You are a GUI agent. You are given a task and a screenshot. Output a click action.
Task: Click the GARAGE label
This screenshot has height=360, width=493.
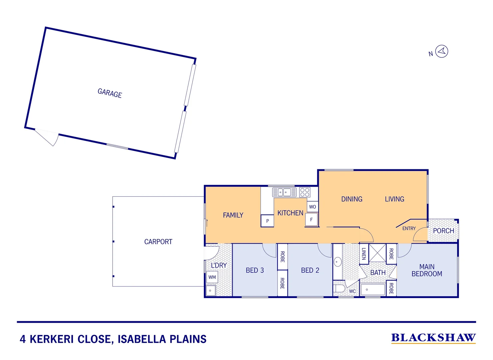110,93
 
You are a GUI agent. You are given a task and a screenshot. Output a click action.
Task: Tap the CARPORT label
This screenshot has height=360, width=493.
158,242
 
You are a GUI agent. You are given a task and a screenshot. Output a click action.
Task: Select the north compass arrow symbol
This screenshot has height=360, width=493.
442,51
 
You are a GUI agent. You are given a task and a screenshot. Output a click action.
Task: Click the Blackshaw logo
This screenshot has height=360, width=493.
433,338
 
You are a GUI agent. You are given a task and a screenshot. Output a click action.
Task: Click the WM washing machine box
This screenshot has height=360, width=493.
212,277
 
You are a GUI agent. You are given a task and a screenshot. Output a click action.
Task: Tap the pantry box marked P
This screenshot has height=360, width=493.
267,221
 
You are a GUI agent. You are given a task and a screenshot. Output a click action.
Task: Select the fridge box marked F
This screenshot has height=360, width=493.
311,220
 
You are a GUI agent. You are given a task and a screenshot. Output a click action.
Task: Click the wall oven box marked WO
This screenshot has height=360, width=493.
312,207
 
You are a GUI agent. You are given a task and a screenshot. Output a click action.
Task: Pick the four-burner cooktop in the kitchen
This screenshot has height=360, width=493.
305,192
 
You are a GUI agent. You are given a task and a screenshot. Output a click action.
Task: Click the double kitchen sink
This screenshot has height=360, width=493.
284,192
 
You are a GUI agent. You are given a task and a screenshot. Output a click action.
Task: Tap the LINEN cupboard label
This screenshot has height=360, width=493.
364,254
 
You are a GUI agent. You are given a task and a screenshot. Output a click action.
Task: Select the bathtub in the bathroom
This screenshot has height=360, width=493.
373,289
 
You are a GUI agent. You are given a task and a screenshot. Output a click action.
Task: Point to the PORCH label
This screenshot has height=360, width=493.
443,231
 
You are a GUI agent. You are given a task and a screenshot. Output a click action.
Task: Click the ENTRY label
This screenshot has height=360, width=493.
409,228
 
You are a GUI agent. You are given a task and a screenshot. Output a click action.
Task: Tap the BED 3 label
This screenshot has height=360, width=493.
254,270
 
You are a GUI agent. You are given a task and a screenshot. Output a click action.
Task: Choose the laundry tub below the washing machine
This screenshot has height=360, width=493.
211,290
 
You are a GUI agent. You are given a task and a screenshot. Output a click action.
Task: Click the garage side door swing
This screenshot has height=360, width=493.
48,137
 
